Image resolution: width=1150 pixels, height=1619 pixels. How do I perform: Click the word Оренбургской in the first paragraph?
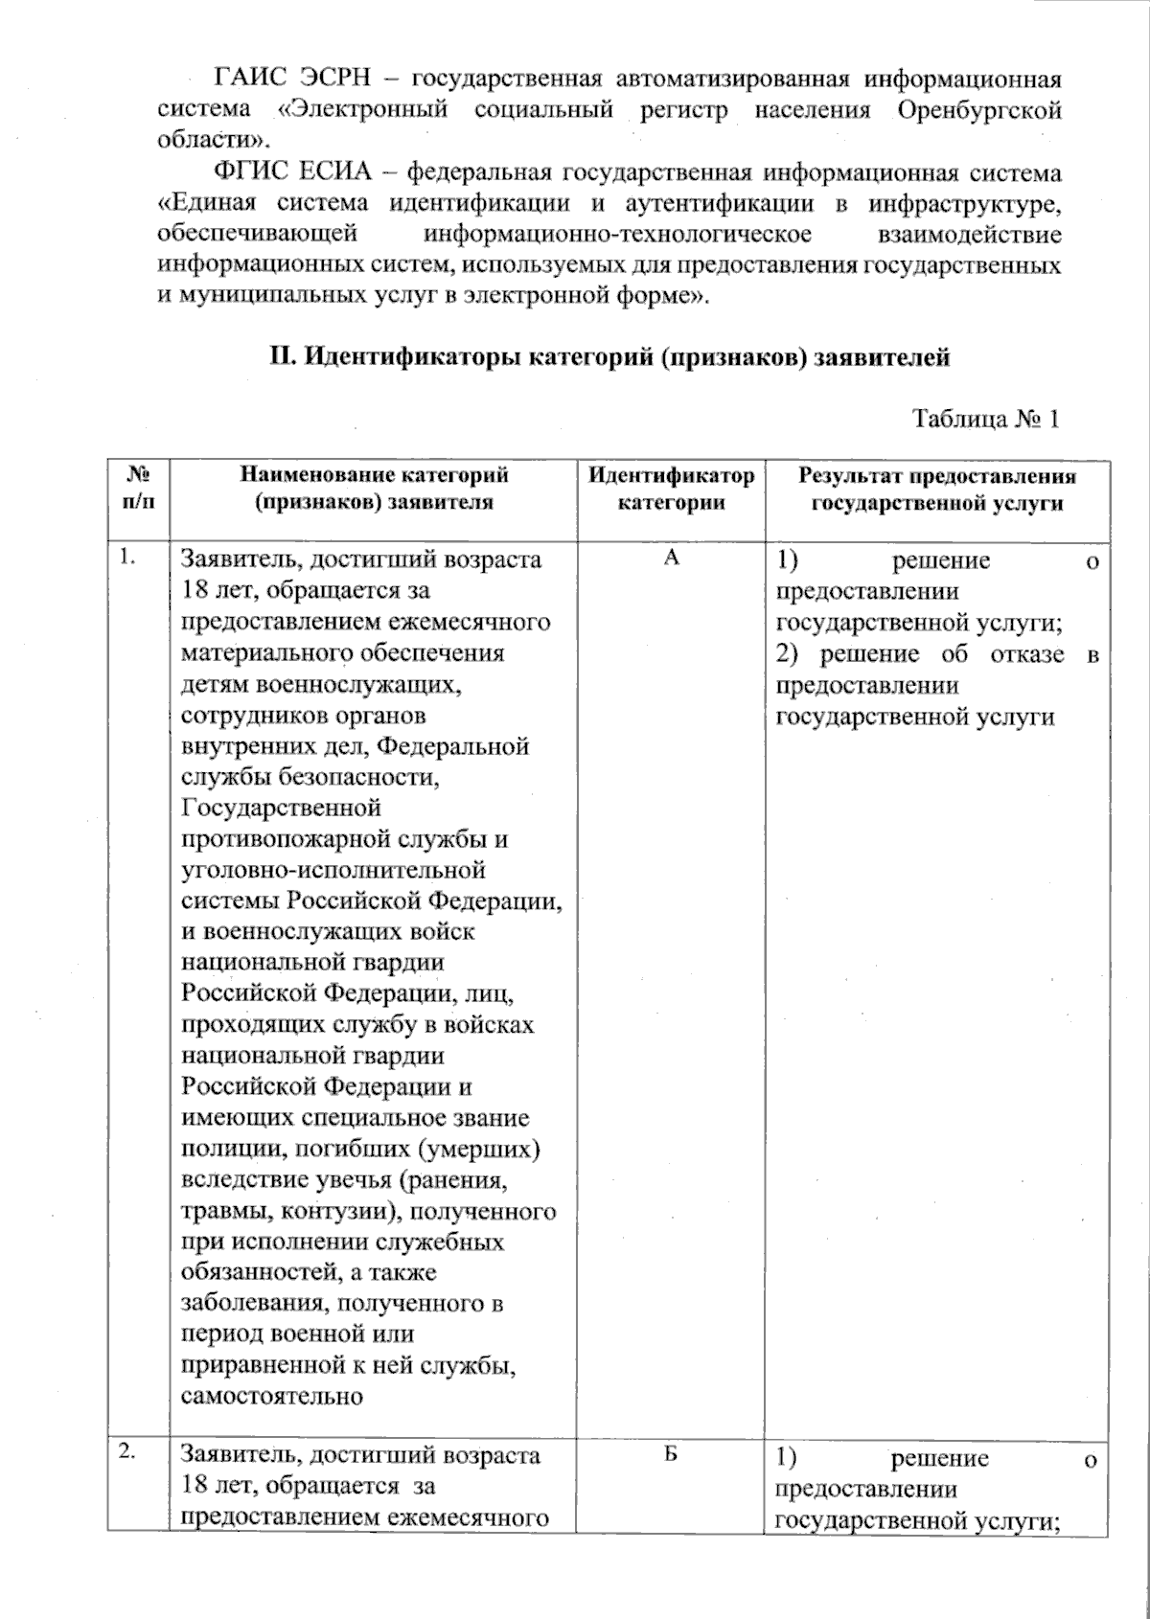click(978, 109)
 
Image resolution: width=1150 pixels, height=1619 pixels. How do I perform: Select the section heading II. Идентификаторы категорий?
click(609, 358)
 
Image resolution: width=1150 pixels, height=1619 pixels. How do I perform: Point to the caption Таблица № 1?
click(985, 419)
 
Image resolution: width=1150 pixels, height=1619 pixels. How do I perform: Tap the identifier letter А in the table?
click(671, 558)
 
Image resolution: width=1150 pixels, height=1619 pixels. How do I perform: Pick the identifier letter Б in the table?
click(671, 1454)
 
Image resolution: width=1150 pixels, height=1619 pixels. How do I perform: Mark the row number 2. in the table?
click(127, 1452)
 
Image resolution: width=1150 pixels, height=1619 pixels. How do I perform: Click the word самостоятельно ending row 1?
click(271, 1396)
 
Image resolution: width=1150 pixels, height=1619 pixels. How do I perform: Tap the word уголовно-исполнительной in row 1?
click(333, 871)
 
